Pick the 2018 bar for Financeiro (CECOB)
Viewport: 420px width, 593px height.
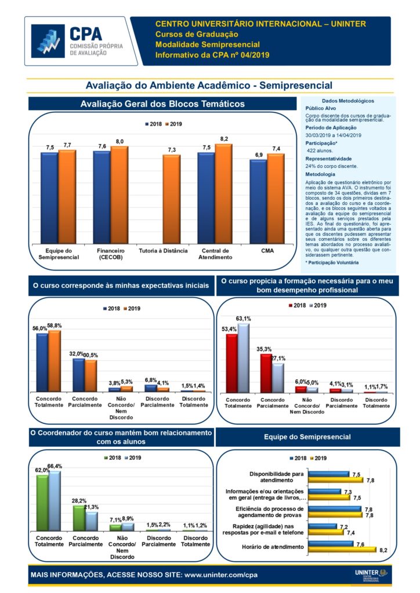coord(102,197)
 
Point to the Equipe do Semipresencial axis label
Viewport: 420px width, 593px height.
coord(58,254)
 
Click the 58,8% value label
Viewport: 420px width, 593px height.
coord(53,326)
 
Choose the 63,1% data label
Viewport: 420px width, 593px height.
coord(244,319)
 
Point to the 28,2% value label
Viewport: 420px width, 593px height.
coord(79,500)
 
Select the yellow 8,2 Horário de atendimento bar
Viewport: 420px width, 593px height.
coord(342,550)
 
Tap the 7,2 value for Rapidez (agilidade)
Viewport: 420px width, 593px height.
coord(343,526)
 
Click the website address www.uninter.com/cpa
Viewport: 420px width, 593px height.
coord(220,576)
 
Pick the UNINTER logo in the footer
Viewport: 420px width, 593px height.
coord(370,575)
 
